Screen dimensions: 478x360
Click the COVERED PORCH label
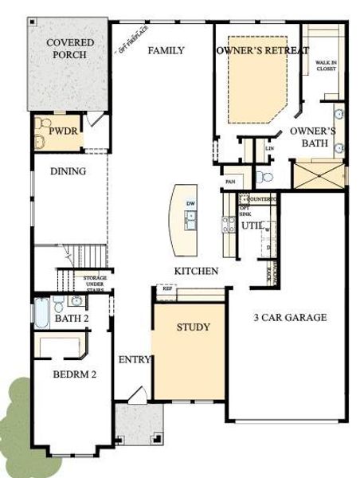(x=69, y=49)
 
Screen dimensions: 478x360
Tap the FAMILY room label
(x=166, y=50)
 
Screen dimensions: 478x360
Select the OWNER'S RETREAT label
(x=262, y=50)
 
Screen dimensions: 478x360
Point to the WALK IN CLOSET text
(x=326, y=65)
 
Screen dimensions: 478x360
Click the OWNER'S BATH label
(x=313, y=136)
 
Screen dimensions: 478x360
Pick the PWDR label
(x=63, y=130)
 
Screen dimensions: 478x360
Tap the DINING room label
(x=68, y=170)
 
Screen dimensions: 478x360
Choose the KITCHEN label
(x=196, y=272)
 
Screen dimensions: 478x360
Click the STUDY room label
(x=194, y=327)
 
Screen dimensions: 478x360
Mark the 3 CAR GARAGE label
(x=290, y=317)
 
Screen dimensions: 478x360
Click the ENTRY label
(x=135, y=360)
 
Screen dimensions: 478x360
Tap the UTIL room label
(x=252, y=226)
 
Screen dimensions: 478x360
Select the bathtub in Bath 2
(x=41, y=311)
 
